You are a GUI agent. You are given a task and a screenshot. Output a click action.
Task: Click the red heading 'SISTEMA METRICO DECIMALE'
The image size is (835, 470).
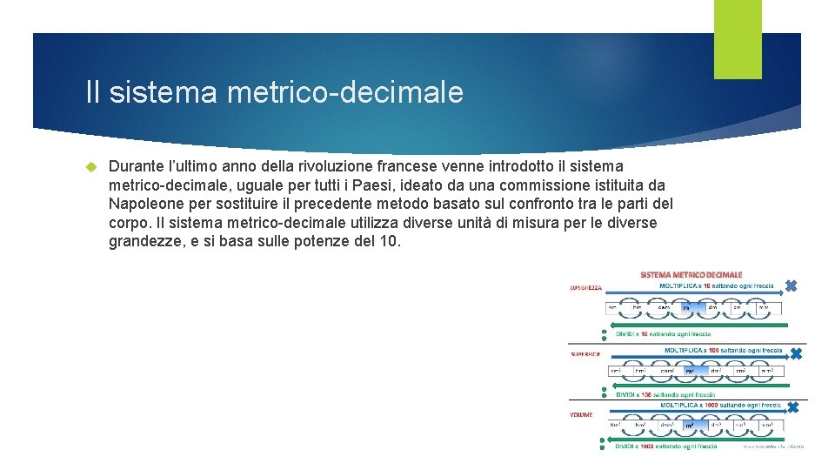pyautogui.click(x=691, y=275)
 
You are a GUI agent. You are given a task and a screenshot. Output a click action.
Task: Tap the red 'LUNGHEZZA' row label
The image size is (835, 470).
pyautogui.click(x=586, y=287)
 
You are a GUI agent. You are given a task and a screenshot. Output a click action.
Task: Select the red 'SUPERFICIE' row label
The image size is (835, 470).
pyautogui.click(x=585, y=354)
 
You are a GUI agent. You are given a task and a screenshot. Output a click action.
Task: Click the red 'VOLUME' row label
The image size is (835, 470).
pyautogui.click(x=581, y=414)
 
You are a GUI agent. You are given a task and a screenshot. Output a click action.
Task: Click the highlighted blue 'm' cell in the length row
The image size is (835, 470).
pyautogui.click(x=686, y=307)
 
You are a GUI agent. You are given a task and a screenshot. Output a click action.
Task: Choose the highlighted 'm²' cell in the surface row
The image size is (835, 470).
pyautogui.click(x=690, y=371)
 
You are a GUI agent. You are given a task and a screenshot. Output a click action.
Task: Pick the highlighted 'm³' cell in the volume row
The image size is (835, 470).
pyautogui.click(x=690, y=426)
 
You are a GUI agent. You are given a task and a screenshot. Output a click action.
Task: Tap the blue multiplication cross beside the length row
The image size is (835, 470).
pyautogui.click(x=791, y=285)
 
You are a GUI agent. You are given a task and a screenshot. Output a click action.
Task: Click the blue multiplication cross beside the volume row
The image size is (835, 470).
pyautogui.click(x=792, y=407)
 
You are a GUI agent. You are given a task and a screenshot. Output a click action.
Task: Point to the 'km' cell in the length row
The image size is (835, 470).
pyautogui.click(x=612, y=307)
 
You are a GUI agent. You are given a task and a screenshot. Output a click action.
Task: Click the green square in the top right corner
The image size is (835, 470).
pyautogui.click(x=738, y=27)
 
